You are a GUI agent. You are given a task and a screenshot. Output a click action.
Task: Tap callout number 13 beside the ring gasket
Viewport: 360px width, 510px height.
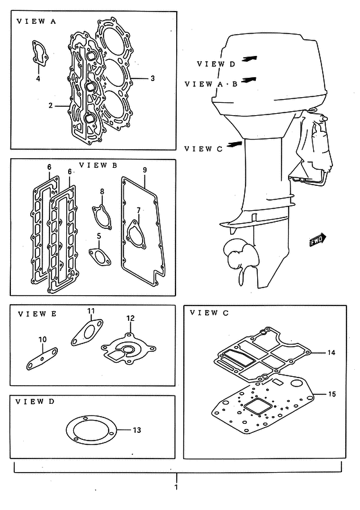[x=137, y=430]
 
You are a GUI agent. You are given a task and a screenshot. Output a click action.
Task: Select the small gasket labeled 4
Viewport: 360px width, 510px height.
[x=40, y=52]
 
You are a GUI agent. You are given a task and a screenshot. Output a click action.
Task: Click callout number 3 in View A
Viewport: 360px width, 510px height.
[x=152, y=78]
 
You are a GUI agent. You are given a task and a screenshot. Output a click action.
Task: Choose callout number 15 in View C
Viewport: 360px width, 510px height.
[x=332, y=394]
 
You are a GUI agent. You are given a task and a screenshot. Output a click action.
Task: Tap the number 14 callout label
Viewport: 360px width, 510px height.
[x=331, y=352]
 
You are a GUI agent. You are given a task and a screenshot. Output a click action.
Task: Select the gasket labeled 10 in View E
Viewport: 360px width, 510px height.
[x=42, y=359]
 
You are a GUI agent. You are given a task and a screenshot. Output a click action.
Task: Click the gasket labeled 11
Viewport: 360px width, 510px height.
[x=87, y=332]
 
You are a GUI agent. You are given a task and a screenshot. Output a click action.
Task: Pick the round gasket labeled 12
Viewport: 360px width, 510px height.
[x=129, y=351]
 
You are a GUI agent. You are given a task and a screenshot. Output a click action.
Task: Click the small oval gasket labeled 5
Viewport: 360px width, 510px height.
[x=100, y=257]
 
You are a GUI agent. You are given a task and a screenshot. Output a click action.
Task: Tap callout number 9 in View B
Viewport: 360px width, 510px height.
[x=145, y=170]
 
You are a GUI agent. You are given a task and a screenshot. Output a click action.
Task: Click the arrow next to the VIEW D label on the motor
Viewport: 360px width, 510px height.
[x=250, y=59]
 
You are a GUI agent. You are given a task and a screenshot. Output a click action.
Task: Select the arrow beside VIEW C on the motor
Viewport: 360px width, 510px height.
[x=235, y=145]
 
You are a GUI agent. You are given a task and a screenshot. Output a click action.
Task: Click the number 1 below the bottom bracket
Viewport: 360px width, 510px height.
[x=176, y=487]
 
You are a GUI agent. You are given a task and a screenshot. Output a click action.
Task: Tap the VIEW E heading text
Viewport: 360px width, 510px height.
[x=37, y=314]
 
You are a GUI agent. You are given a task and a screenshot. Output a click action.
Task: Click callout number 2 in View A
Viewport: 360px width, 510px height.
[x=51, y=105]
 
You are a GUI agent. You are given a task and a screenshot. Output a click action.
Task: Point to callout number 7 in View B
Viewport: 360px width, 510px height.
[x=139, y=210]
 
